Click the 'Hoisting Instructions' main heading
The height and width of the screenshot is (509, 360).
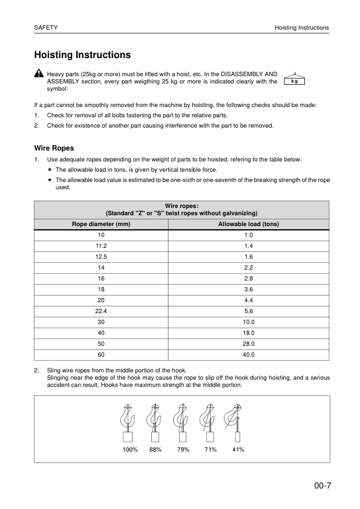pyautogui.click(x=83, y=55)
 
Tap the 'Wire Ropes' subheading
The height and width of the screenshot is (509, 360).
pyautogui.click(x=54, y=148)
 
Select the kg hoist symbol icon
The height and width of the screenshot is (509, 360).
pyautogui.click(x=293, y=78)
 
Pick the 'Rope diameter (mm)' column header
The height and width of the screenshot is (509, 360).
pyautogui.click(x=101, y=224)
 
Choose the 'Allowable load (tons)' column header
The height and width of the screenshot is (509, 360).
pyautogui.click(x=248, y=224)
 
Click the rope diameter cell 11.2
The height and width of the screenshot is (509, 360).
pyautogui.click(x=101, y=245)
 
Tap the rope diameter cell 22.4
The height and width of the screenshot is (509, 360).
pyautogui.click(x=101, y=311)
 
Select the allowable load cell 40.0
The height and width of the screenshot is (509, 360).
pyautogui.click(x=248, y=354)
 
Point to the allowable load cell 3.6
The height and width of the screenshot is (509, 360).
pyautogui.click(x=248, y=289)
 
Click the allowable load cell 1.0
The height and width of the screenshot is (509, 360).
pyautogui.click(x=248, y=235)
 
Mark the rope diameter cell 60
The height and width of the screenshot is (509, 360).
pyautogui.click(x=101, y=354)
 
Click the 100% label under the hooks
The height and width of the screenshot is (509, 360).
pyautogui.click(x=130, y=450)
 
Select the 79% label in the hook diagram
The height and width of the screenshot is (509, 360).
pyautogui.click(x=183, y=450)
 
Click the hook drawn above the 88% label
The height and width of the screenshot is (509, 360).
pyautogui.click(x=155, y=417)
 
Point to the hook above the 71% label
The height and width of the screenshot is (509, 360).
pyautogui.click(x=209, y=417)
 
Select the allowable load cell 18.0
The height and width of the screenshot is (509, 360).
pyautogui.click(x=248, y=332)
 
